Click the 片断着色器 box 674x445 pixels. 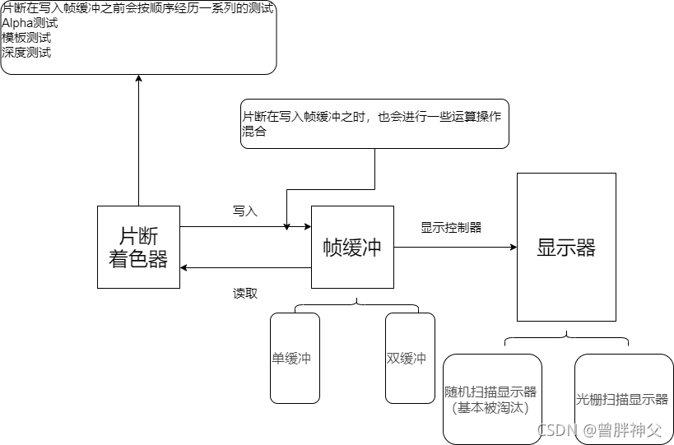coord(138,247)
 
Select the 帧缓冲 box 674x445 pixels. coord(352,247)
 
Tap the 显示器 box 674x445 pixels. coord(566,247)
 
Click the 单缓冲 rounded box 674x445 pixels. coord(295,358)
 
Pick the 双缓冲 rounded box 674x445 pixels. coord(409,358)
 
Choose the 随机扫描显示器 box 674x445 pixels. coord(492,399)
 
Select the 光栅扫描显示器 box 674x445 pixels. coord(623,399)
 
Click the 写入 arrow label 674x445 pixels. coord(245,211)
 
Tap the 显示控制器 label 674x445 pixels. coord(451,228)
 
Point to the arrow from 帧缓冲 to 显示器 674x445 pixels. coord(454,247)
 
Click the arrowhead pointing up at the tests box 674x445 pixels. coord(138,79)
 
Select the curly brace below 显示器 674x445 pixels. coord(566,337)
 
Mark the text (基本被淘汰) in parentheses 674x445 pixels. coord(490,407)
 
